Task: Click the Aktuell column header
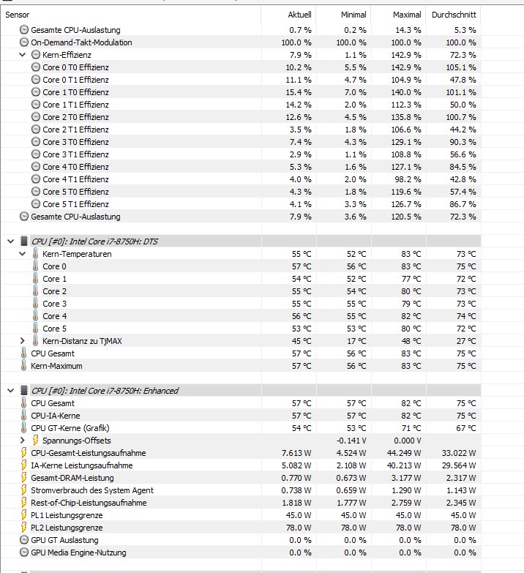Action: [x=299, y=15]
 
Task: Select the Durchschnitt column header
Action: [x=454, y=15]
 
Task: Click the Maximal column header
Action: [x=407, y=15]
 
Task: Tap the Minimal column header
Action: [x=353, y=15]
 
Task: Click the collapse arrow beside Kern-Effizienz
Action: [x=23, y=55]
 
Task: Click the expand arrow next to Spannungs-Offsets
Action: [x=23, y=441]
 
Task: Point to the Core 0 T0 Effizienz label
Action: [x=75, y=67]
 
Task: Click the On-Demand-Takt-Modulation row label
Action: [x=81, y=42]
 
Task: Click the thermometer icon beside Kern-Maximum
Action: [x=23, y=366]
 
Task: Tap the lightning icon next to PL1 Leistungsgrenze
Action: [x=23, y=515]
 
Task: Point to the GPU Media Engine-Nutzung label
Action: [x=78, y=553]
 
